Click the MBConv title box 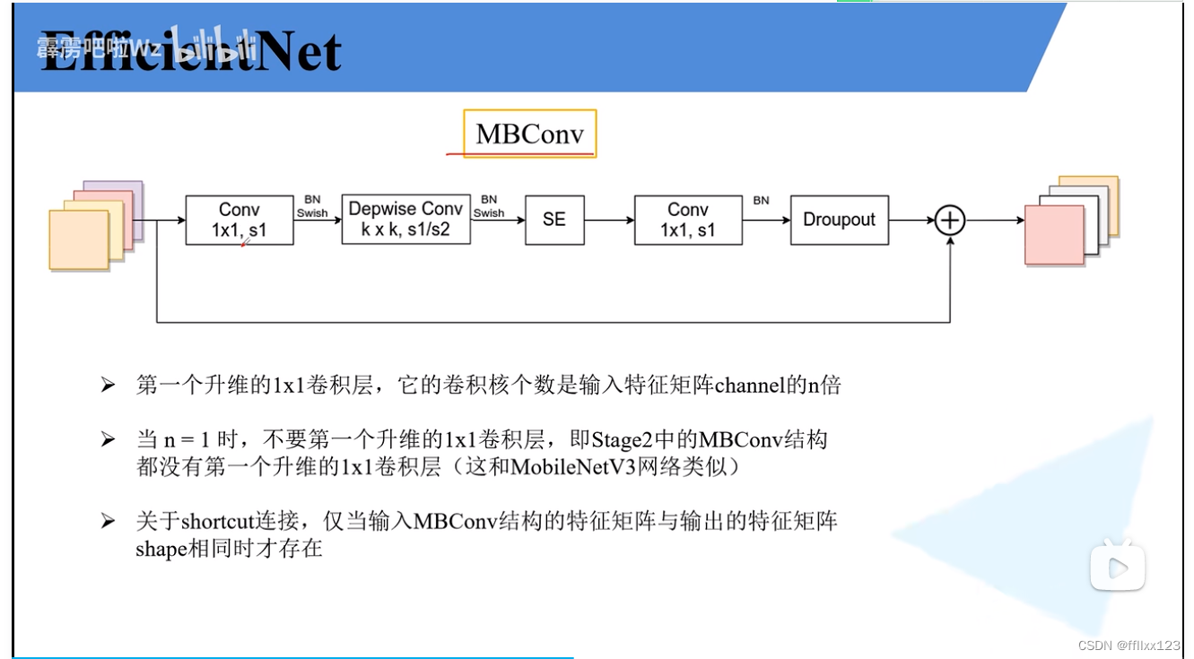pyautogui.click(x=529, y=134)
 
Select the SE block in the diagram pyautogui.click(x=553, y=220)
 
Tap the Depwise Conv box pyautogui.click(x=405, y=220)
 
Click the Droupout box pyautogui.click(x=839, y=220)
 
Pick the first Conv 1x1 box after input pyautogui.click(x=239, y=220)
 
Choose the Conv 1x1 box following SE pyautogui.click(x=687, y=220)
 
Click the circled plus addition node pyautogui.click(x=949, y=220)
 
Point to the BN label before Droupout pyautogui.click(x=761, y=201)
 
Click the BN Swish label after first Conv pyautogui.click(x=312, y=207)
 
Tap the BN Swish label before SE pyautogui.click(x=489, y=207)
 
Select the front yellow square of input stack pyautogui.click(x=78, y=240)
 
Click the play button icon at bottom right pyautogui.click(x=1117, y=567)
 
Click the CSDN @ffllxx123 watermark pyautogui.click(x=1129, y=646)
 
